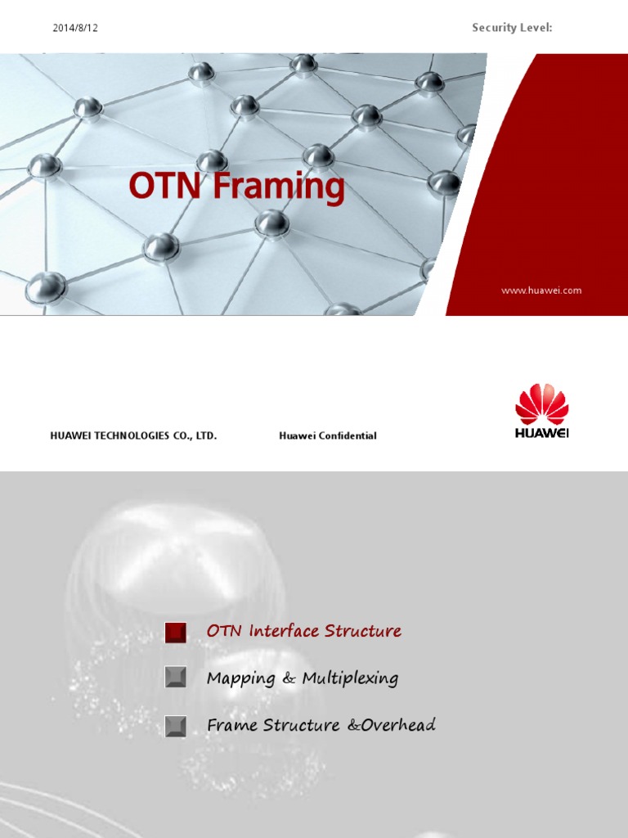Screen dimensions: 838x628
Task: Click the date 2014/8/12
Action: (75, 28)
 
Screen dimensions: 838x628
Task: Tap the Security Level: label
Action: (512, 28)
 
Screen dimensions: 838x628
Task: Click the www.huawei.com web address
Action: (541, 291)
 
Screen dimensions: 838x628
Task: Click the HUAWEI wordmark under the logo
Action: (541, 433)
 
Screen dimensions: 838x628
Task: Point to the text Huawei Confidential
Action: (327, 436)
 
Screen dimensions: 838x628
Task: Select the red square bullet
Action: (176, 632)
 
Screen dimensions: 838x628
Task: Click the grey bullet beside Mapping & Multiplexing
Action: (176, 678)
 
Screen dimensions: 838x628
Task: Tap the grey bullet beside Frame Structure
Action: (176, 725)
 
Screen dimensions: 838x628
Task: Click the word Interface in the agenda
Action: (284, 631)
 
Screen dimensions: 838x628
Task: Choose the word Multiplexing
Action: (350, 678)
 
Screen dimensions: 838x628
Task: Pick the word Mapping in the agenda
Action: (238, 678)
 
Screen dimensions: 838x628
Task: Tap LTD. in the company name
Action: (204, 436)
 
